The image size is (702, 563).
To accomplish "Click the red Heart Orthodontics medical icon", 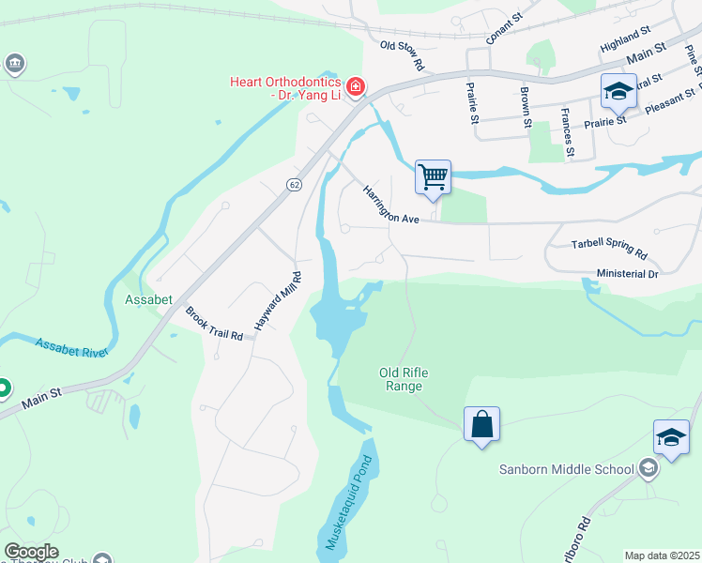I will coord(355,88).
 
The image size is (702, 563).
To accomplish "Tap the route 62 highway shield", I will coord(294,185).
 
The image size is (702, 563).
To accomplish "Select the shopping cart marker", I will coord(433,176).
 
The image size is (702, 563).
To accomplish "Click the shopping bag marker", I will coord(481,424).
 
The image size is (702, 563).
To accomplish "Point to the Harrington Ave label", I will coord(390,204).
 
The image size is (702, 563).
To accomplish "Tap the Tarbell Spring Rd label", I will coord(609,249).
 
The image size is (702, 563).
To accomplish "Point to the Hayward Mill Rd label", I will coord(277,300).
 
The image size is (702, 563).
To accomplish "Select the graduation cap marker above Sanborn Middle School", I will coord(671,437).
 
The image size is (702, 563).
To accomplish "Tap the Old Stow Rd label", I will coord(404,55).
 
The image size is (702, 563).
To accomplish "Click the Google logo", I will coord(30,552).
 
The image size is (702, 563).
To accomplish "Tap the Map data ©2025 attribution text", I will coord(663,555).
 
